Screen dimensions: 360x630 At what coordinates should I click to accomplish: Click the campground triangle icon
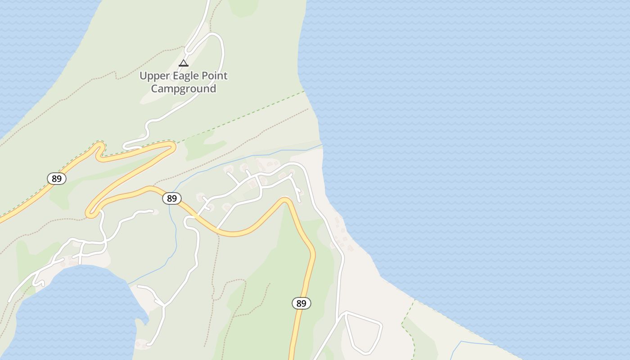[x=183, y=63]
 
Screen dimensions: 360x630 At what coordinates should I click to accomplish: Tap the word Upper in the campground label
[x=154, y=76]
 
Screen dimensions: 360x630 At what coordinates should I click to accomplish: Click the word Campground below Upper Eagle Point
[x=183, y=89]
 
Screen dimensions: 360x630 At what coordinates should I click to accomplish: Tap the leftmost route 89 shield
[x=57, y=179]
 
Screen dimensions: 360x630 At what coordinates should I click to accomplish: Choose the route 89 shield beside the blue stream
[x=171, y=198]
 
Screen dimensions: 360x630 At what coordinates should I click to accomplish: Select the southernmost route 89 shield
[x=301, y=303]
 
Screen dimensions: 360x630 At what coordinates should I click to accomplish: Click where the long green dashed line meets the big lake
[x=305, y=91]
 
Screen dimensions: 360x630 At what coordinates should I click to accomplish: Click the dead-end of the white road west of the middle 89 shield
[x=154, y=211]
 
